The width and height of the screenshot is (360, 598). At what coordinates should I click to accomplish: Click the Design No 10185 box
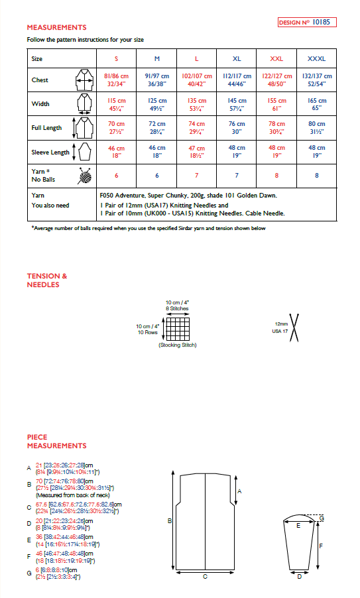pos(307,22)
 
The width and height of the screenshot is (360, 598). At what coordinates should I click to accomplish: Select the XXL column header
pos(276,59)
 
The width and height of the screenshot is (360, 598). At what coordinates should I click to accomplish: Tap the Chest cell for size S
pos(116,80)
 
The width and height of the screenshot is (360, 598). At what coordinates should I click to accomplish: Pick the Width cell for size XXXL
pos(316,103)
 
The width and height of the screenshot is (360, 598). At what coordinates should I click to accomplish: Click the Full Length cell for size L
pos(196,127)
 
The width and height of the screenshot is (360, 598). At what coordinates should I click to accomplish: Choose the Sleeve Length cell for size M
pos(156,151)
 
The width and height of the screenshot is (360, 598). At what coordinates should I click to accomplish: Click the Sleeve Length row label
pos(50,152)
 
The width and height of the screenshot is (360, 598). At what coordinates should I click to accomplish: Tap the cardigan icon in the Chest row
pos(84,80)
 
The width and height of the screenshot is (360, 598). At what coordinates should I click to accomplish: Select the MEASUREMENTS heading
pos(56,28)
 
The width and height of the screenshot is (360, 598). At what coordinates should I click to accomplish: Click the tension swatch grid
pos(176,328)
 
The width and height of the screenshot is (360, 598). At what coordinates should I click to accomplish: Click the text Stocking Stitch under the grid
pos(177,345)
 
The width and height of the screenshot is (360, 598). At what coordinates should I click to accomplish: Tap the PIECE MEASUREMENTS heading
pos(56,442)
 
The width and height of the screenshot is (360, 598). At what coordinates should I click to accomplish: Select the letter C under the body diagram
pos(204,576)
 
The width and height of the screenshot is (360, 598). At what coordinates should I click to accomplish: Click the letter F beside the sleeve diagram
pos(321,546)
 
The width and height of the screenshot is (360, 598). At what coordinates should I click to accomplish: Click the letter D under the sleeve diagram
pos(299,576)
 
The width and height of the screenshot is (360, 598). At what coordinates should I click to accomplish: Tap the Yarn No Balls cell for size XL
pos(237,176)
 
